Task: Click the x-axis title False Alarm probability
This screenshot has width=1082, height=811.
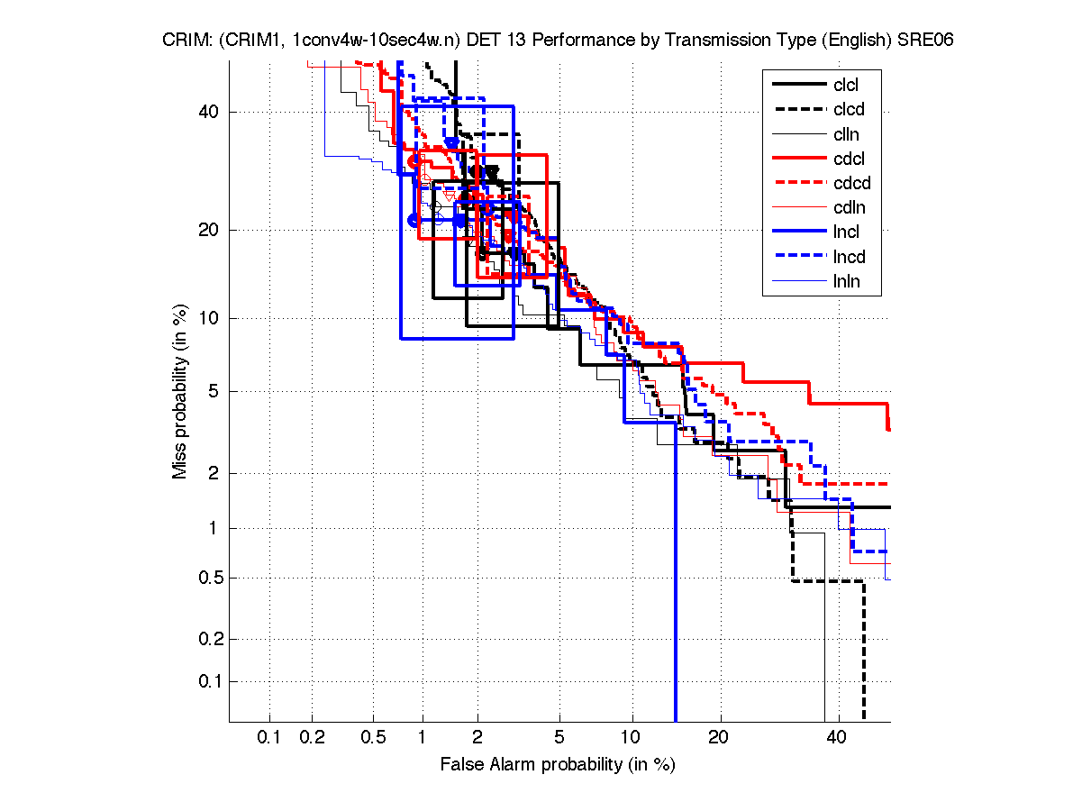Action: (x=558, y=765)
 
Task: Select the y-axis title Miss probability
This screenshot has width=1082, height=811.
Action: (x=181, y=391)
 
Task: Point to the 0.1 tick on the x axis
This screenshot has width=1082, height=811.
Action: (x=269, y=738)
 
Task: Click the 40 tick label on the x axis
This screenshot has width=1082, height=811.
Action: (x=837, y=738)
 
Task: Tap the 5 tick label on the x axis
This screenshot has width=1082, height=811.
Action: (x=559, y=738)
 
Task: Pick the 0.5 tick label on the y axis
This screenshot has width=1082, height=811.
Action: (x=208, y=578)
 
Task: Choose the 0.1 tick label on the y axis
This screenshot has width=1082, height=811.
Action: (x=208, y=681)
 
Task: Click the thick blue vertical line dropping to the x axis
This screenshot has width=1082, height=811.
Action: (x=676, y=586)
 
